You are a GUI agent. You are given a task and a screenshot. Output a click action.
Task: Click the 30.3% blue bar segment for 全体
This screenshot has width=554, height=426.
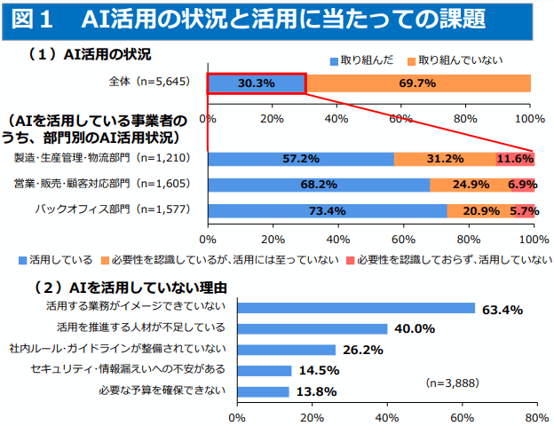(x=257, y=83)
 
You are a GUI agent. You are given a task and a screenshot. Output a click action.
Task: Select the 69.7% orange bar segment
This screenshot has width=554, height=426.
(x=418, y=83)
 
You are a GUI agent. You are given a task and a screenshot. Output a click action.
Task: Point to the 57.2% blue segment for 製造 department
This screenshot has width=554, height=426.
(x=300, y=159)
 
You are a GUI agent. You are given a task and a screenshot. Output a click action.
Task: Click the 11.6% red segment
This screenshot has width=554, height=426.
(x=515, y=159)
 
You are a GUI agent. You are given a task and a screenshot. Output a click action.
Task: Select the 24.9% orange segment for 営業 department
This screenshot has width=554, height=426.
(x=471, y=185)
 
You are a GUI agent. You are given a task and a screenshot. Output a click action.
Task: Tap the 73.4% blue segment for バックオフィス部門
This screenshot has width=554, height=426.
(x=327, y=211)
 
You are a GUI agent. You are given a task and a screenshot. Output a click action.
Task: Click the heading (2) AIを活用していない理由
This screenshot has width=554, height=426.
(x=130, y=288)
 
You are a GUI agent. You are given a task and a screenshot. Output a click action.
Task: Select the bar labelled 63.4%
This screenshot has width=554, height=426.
(x=355, y=307)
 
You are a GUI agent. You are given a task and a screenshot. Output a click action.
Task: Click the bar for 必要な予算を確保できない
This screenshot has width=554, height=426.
(x=263, y=391)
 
